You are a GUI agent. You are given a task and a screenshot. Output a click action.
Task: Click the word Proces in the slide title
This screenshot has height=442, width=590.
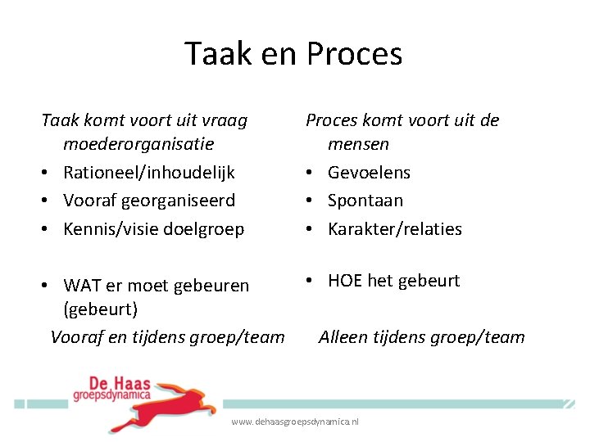coord(354,54)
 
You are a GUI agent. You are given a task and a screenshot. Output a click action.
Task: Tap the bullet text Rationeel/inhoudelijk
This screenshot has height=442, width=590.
coord(149,173)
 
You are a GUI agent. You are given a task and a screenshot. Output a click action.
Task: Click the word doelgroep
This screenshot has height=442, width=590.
coord(206,229)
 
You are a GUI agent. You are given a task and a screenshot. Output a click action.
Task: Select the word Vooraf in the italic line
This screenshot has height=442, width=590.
coord(76,337)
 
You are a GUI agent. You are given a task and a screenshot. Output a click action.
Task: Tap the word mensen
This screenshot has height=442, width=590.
coord(358,144)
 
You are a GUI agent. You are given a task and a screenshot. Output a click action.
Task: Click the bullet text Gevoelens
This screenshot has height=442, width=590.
coord(369,173)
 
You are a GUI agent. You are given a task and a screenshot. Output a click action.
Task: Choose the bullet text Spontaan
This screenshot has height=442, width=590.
coord(365,201)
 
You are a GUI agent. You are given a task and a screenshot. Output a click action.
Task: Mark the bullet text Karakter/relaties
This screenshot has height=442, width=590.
coord(395,229)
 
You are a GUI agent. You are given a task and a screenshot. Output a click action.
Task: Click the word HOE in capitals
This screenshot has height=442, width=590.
coord(346,281)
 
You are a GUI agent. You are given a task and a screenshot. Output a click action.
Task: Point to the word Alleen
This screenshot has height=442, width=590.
coord(344,337)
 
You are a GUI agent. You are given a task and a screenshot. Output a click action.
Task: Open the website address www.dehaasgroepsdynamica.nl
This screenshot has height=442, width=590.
coord(295,422)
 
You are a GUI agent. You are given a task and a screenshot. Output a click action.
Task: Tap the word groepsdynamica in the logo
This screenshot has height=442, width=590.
coord(111,394)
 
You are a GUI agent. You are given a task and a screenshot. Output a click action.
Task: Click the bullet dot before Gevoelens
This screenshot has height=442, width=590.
coord(311,173)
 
